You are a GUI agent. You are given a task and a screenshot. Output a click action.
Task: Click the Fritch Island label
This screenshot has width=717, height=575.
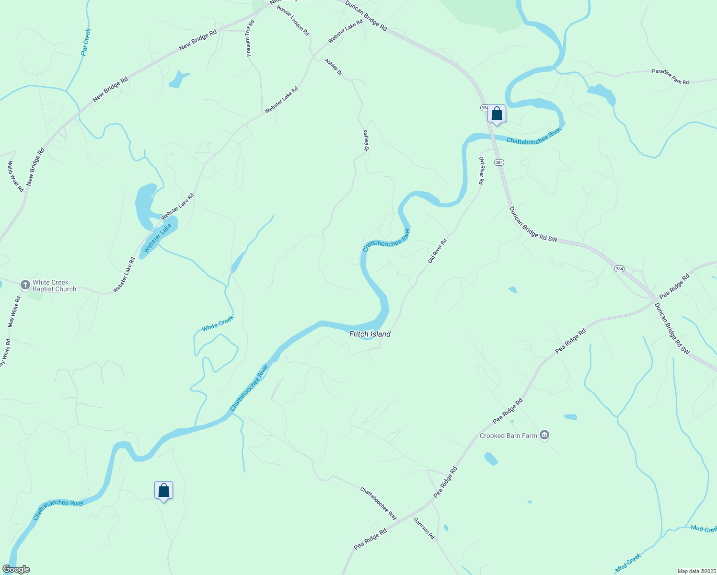point(370,334)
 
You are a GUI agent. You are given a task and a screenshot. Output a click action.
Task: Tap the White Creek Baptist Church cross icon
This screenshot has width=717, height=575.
point(25,285)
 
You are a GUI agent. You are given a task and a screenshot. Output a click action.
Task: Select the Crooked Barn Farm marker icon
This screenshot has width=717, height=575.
point(544,435)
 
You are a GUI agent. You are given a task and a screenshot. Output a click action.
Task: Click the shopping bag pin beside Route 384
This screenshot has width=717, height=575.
point(497,114)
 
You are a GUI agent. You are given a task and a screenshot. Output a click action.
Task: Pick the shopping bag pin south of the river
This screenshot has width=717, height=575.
point(163,491)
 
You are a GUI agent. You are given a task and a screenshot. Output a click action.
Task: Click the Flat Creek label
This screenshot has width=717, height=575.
point(86,42)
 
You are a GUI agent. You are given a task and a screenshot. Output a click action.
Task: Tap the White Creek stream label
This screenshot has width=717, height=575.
point(218,324)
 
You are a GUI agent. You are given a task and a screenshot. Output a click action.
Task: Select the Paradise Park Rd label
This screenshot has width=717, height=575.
point(670,77)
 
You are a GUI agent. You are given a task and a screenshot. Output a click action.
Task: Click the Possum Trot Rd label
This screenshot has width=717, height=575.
point(250,38)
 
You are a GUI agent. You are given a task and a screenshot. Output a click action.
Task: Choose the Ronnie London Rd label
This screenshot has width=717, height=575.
point(293,20)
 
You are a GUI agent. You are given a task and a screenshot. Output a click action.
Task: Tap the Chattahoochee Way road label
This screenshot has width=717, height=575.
point(379,504)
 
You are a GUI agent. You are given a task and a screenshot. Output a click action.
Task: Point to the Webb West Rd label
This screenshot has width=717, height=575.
point(15,176)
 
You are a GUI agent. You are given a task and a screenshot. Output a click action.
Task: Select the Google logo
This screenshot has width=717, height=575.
point(16,569)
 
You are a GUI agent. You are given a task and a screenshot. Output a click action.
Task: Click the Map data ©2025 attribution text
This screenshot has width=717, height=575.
point(695,571)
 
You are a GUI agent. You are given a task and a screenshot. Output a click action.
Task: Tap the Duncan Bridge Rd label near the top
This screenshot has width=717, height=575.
point(366,15)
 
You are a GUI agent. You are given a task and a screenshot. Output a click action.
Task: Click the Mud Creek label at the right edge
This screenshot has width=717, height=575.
point(704,529)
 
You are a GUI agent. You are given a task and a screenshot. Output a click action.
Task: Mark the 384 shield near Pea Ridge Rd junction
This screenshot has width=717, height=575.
point(619,269)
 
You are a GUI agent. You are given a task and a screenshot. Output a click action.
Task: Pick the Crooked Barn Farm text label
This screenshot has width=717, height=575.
point(508,436)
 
